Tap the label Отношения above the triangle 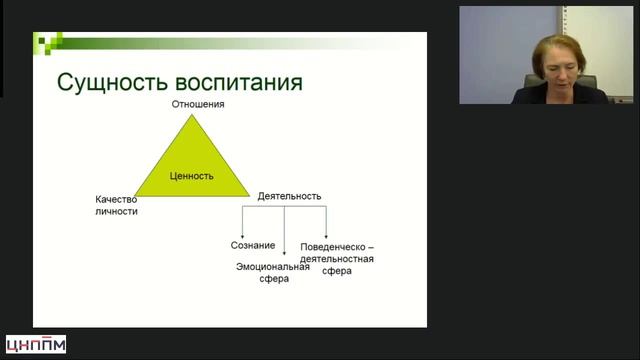(196, 104)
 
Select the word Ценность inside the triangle (192, 175)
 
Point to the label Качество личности (117, 205)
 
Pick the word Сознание (253, 245)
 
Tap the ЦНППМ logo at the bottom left (36, 345)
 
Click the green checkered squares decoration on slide (47, 43)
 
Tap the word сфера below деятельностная (337, 272)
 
